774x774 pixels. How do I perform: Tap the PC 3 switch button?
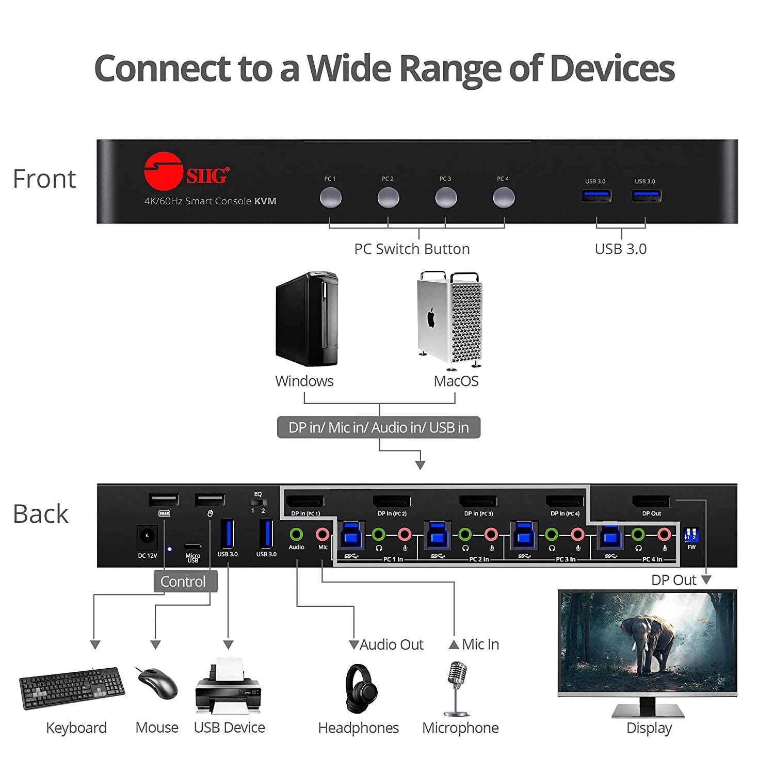point(446,198)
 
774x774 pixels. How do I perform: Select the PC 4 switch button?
point(503,198)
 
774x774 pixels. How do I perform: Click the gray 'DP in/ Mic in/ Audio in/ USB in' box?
point(379,428)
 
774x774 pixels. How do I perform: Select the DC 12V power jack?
point(147,537)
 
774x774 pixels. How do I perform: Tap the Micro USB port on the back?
point(192,546)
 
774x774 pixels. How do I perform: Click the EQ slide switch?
point(258,502)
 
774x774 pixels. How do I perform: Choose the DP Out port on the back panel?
point(651,502)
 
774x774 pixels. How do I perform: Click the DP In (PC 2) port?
point(392,502)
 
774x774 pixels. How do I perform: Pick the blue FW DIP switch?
point(690,534)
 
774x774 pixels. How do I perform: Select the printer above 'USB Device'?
point(229,686)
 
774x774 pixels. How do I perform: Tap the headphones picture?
point(361,689)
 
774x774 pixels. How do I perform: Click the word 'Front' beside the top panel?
point(44,179)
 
